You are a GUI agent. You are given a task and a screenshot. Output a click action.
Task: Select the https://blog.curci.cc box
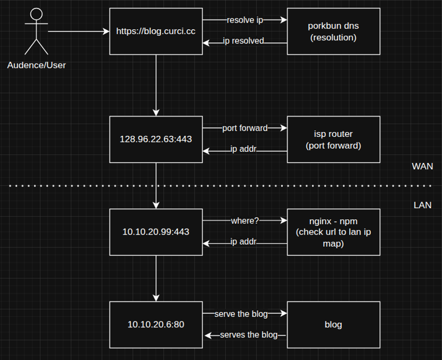pyautogui.click(x=156, y=31)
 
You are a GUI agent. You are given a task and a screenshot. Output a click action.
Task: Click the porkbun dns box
pyautogui.click(x=334, y=31)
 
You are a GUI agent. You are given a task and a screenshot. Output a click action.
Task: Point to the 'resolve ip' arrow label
pyautogui.click(x=245, y=20)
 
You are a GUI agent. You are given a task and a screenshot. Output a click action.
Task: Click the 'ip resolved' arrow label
pyautogui.click(x=244, y=41)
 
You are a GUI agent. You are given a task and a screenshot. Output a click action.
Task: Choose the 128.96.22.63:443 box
pyautogui.click(x=156, y=139)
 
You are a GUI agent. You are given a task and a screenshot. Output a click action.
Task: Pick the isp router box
pyautogui.click(x=334, y=139)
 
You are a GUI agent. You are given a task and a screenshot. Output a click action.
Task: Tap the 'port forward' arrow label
pyautogui.click(x=245, y=128)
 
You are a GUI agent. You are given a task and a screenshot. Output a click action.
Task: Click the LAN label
pyautogui.click(x=423, y=205)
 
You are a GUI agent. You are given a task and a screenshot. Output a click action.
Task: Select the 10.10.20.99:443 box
pyautogui.click(x=156, y=232)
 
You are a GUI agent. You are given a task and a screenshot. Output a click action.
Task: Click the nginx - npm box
pyautogui.click(x=334, y=232)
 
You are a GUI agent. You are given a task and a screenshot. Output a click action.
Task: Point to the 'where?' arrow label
pyautogui.click(x=245, y=221)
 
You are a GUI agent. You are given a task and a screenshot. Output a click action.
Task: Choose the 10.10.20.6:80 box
pyautogui.click(x=156, y=325)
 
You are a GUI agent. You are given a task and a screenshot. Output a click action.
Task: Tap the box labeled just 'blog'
pyautogui.click(x=334, y=325)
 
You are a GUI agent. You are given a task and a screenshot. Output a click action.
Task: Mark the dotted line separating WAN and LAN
pyautogui.click(x=221, y=186)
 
